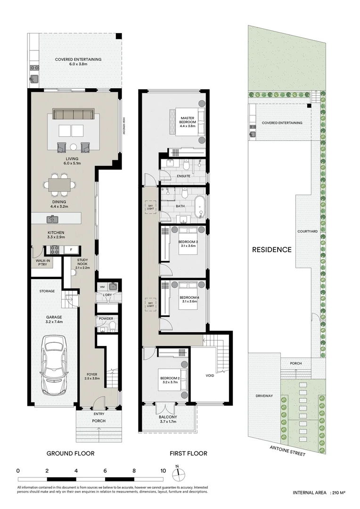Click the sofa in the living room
73,115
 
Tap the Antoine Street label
287,451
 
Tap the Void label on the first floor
210,376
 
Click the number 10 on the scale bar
163,470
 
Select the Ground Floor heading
70,453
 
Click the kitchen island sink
52,219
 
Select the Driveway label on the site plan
264,396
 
